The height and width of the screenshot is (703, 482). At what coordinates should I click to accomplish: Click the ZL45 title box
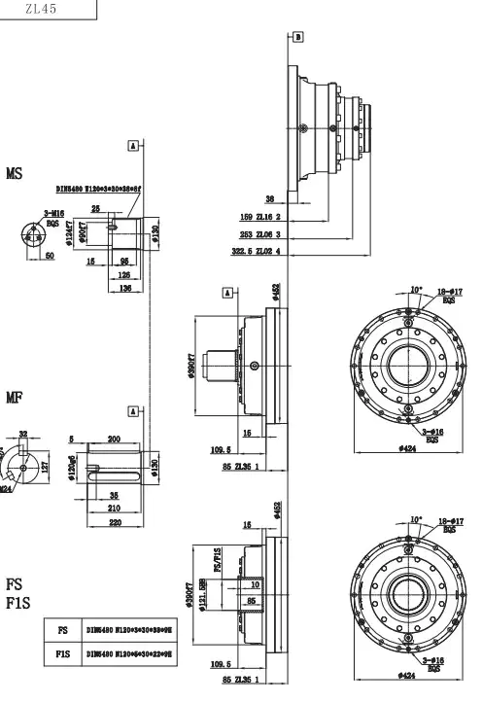click(x=49, y=10)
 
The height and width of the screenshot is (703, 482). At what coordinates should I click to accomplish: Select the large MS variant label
click(x=14, y=175)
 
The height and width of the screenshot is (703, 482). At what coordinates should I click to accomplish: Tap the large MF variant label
click(x=14, y=397)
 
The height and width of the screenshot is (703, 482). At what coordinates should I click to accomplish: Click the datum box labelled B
click(x=297, y=36)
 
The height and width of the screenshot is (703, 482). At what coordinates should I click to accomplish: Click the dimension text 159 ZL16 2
click(x=259, y=217)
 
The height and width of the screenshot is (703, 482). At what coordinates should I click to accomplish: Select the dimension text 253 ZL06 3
click(x=259, y=234)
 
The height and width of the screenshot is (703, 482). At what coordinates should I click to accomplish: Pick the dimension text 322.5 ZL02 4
click(x=257, y=252)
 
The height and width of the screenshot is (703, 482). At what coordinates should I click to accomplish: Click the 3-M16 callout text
click(x=53, y=212)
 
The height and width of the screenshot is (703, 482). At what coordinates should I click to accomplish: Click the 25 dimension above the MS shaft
click(x=95, y=208)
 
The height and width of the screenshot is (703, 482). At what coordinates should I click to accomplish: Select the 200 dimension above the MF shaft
click(x=114, y=439)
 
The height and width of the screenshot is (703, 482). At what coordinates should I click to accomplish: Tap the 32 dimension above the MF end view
click(x=23, y=435)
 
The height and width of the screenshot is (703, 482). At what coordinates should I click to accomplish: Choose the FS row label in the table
click(x=63, y=629)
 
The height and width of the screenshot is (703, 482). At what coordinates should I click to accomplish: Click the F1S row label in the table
click(x=63, y=654)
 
